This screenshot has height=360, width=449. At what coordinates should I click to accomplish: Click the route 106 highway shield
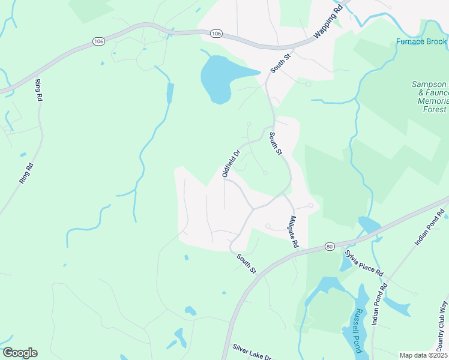(x=98, y=41)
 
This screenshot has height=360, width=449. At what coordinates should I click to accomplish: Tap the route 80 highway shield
(x=330, y=246)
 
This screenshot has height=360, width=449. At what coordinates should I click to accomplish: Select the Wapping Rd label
(x=328, y=26)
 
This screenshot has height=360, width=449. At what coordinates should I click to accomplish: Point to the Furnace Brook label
(x=421, y=41)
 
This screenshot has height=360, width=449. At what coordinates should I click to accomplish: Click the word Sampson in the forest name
(x=429, y=85)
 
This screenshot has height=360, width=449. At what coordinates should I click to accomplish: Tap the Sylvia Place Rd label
(x=363, y=262)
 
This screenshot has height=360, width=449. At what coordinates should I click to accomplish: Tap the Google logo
(x=20, y=353)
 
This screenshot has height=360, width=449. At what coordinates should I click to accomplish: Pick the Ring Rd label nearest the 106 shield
(x=40, y=90)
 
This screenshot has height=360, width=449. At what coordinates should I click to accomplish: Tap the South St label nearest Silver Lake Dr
(x=246, y=263)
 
